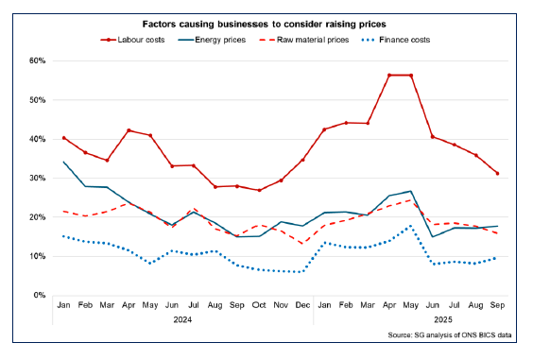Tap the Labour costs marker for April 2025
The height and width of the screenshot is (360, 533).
[388, 75]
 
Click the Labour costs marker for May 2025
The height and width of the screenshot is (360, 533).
[410, 75]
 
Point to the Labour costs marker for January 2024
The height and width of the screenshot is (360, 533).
[63, 138]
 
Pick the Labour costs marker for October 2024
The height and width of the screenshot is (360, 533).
[259, 190]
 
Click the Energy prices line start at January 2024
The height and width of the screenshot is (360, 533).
[63, 162]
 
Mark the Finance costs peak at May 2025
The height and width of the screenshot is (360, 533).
[410, 226]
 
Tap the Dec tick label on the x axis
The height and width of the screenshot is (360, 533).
[302, 307]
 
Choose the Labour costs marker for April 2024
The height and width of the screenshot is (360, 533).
[129, 130]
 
